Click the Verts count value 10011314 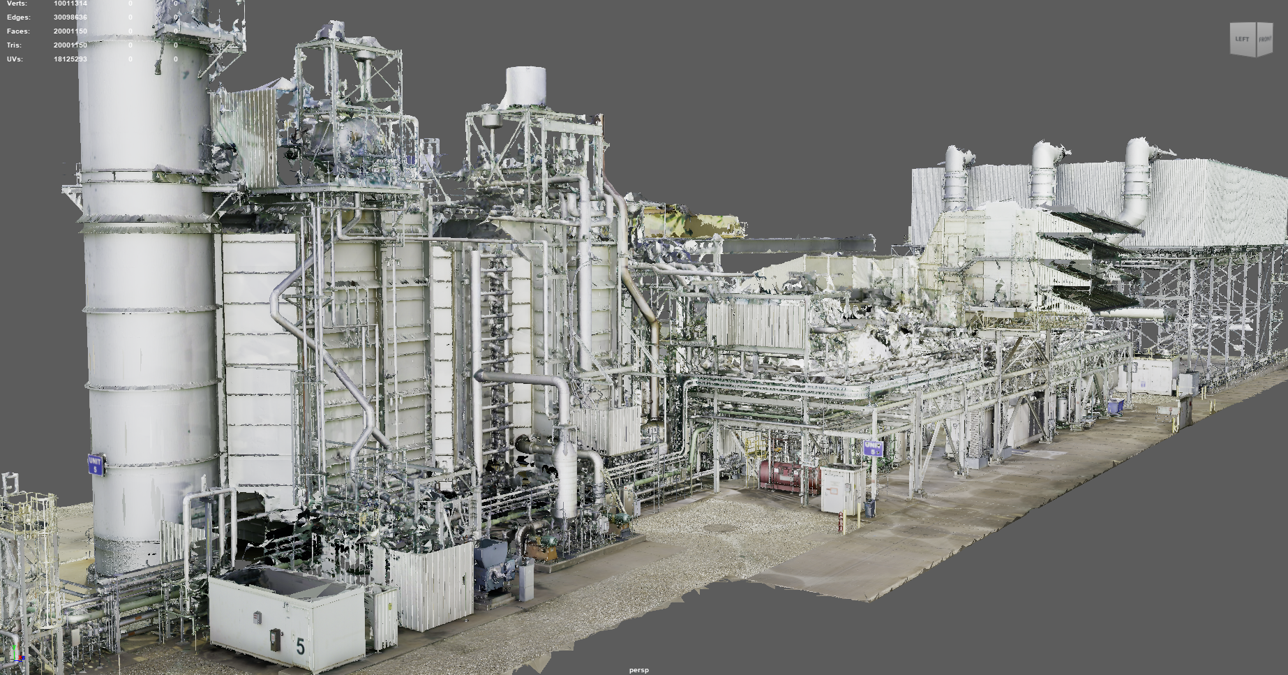point(70,3)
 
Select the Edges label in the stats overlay point(19,17)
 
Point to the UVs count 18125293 point(70,59)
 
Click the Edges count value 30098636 point(70,17)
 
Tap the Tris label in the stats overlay point(14,45)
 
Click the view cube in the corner point(1252,39)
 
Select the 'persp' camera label point(638,670)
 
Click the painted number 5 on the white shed point(301,646)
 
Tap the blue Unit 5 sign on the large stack point(96,465)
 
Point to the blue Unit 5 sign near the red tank point(873,447)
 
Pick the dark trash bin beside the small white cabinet point(869,508)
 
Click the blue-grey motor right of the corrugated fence point(493,565)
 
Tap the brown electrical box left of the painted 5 point(276,639)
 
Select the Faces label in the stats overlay point(18,31)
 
